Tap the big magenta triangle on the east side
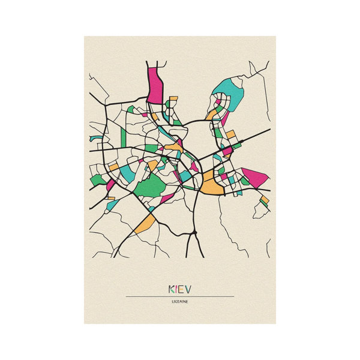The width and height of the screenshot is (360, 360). click(254, 178)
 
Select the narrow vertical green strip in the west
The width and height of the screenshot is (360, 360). click(123, 136)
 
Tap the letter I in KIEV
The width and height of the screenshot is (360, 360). click(178, 289)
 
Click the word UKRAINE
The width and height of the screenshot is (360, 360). click(180, 302)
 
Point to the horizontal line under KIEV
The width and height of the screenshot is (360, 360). click(180, 296)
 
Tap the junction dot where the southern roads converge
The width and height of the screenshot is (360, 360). click(195, 231)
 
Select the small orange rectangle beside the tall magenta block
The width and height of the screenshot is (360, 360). click(173, 98)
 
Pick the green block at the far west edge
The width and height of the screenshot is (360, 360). click(97, 178)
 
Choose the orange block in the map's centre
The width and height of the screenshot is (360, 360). click(174, 146)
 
